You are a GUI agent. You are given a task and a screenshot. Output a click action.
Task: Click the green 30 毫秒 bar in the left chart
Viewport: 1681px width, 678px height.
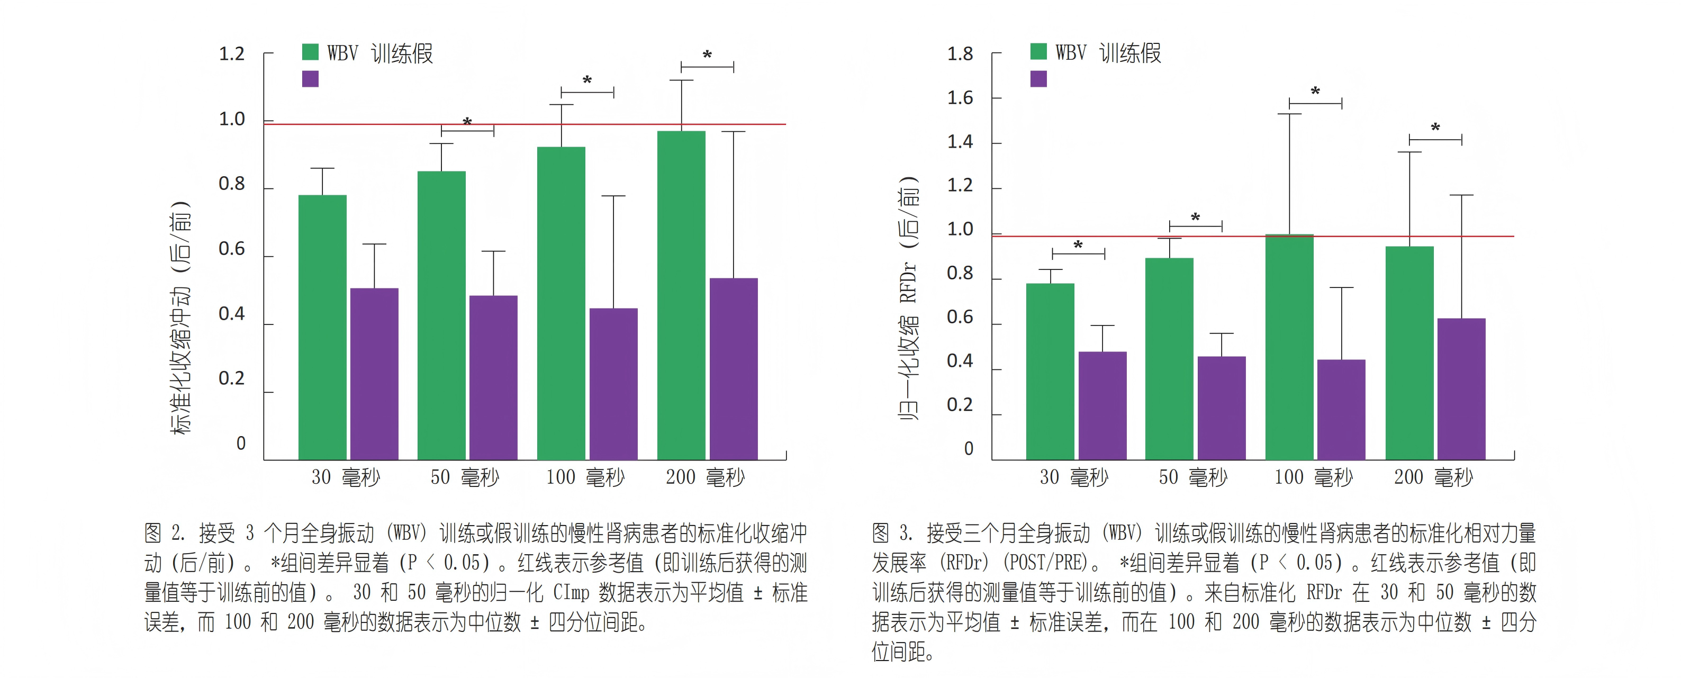(x=322, y=326)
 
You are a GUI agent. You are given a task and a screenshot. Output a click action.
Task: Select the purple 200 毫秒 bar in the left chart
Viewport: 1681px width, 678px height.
(x=734, y=369)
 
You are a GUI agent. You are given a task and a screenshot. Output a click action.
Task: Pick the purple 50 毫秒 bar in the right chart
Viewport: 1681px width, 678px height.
(x=1221, y=408)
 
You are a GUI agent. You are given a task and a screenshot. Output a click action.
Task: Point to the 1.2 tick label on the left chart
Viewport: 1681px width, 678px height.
(x=232, y=53)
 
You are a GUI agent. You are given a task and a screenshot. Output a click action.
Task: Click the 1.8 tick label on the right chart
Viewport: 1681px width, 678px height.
(x=960, y=53)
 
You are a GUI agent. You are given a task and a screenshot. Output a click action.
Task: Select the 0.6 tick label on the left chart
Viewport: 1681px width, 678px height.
(x=232, y=249)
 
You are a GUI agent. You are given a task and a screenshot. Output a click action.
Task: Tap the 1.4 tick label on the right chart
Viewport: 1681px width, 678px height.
(x=960, y=142)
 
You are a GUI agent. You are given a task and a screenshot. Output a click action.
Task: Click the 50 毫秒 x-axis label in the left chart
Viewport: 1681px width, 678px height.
(x=465, y=477)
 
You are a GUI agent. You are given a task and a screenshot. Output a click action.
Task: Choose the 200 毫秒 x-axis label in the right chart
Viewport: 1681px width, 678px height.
(x=1434, y=477)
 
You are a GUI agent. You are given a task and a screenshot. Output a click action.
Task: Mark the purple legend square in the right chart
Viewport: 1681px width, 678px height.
(x=1038, y=79)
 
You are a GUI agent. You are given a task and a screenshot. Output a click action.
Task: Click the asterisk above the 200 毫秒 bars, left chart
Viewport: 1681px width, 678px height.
(x=707, y=56)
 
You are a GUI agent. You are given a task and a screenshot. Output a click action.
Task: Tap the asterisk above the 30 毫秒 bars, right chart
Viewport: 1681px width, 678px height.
(x=1078, y=246)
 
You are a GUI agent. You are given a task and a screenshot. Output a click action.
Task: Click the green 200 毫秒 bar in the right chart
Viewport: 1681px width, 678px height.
(x=1409, y=352)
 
